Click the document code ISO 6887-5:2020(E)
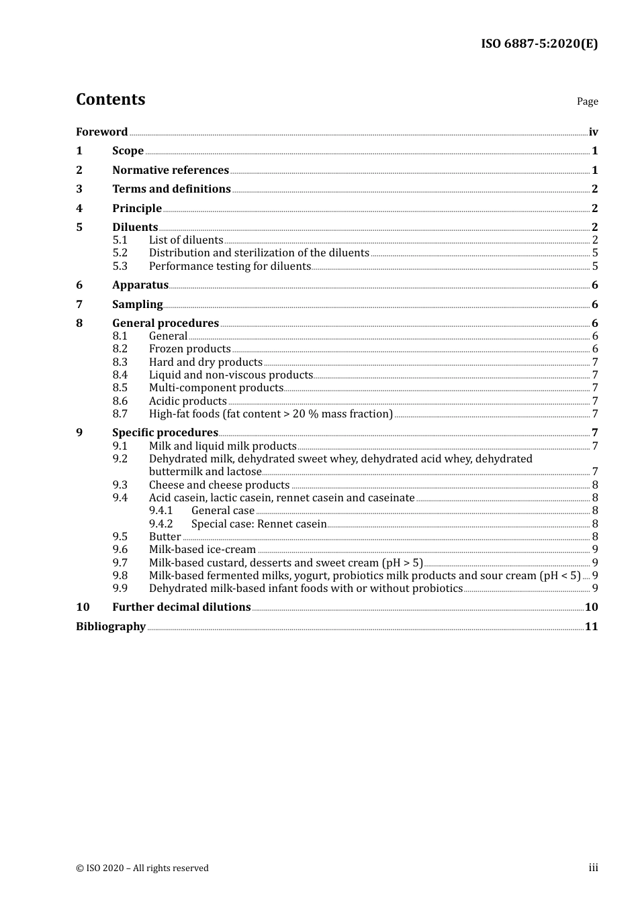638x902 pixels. click(x=539, y=44)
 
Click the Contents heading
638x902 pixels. click(x=110, y=99)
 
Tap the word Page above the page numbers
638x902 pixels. click(x=587, y=101)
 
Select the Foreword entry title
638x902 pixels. click(x=101, y=132)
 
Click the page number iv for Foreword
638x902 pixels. click(x=593, y=132)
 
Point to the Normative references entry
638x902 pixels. click(x=171, y=170)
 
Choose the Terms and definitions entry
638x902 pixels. click(x=171, y=189)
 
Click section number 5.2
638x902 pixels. click(x=120, y=253)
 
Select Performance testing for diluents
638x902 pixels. click(x=230, y=266)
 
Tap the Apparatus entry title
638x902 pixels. click(x=140, y=285)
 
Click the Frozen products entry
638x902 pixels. click(x=189, y=349)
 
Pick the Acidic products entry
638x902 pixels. click(x=187, y=401)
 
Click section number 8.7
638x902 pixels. click(x=120, y=414)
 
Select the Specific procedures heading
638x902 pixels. click(x=165, y=433)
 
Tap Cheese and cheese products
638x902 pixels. click(x=219, y=485)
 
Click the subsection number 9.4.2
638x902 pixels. click(x=161, y=523)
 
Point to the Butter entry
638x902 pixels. click(x=165, y=536)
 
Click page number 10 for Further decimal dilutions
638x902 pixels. click(x=591, y=607)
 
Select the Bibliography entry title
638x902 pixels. click(x=110, y=626)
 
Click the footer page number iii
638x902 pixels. click(x=593, y=868)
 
